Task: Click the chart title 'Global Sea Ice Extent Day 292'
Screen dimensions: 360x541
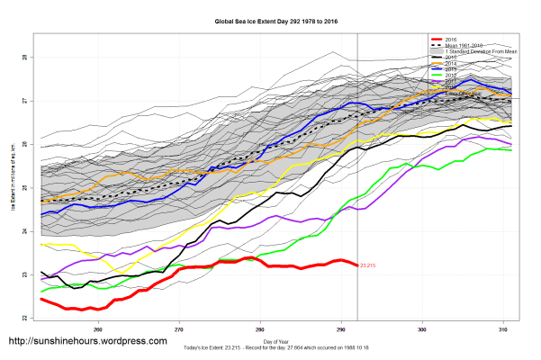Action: click(270, 20)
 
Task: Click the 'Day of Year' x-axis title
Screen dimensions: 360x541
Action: click(270, 342)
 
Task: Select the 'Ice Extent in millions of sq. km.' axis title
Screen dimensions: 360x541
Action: click(13, 180)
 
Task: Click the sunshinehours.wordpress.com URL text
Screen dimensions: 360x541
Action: click(87, 342)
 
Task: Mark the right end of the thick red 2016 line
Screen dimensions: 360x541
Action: click(357, 265)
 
